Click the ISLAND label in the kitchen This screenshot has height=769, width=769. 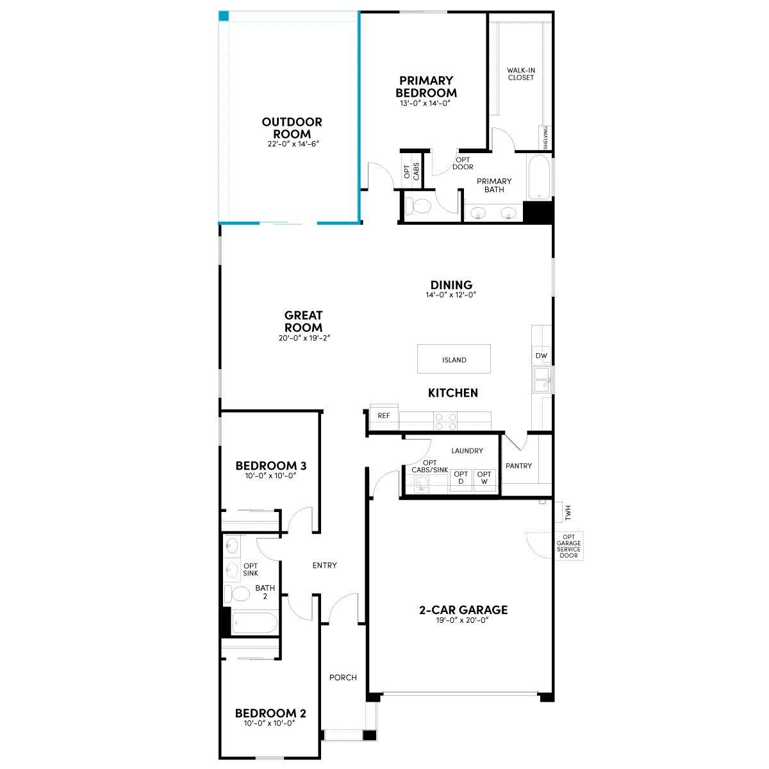(x=454, y=360)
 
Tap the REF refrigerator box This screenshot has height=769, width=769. (x=384, y=417)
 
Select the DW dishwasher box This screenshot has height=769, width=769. (x=541, y=355)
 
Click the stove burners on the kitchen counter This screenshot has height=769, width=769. (x=445, y=422)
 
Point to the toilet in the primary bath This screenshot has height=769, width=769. (x=417, y=206)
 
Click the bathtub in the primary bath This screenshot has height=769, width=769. (x=539, y=178)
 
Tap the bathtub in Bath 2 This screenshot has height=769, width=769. (x=254, y=622)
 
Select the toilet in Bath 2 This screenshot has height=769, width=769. (x=236, y=594)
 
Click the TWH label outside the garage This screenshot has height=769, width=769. (x=568, y=513)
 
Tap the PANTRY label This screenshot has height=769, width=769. (x=518, y=466)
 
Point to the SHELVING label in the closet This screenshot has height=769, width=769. (x=545, y=138)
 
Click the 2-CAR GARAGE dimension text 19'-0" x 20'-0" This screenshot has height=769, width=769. (x=463, y=620)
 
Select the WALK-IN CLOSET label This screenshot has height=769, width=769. (x=521, y=74)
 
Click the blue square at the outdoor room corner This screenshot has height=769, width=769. (x=224, y=16)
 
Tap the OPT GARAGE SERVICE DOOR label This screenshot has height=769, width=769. (x=568, y=546)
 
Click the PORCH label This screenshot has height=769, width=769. (x=343, y=677)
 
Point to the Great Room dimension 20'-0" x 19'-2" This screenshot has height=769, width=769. (x=304, y=338)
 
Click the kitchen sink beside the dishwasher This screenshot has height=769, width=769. (x=542, y=379)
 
